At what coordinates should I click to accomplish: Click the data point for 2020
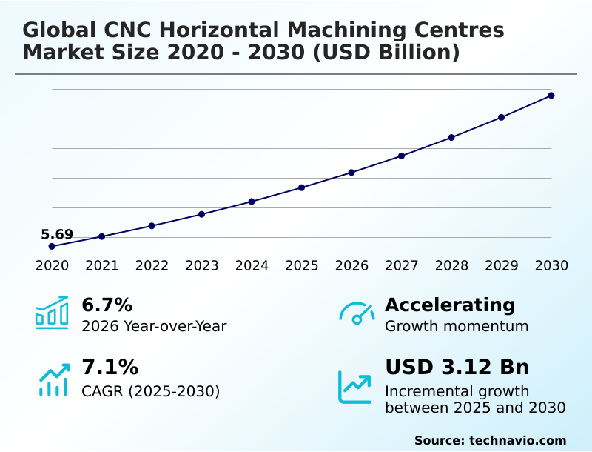pyautogui.click(x=52, y=246)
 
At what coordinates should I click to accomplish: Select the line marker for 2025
pyautogui.click(x=301, y=187)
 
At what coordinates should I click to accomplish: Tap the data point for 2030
pyautogui.click(x=551, y=96)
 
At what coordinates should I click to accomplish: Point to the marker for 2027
pyautogui.click(x=401, y=156)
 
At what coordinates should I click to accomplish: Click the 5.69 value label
pyautogui.click(x=57, y=235)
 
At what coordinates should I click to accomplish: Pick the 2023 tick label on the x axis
pyautogui.click(x=201, y=265)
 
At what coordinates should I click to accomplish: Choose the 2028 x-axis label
pyautogui.click(x=451, y=265)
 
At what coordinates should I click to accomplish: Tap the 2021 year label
pyautogui.click(x=101, y=265)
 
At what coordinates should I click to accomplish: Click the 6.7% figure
pyautogui.click(x=107, y=305)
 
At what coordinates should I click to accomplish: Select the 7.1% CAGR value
pyautogui.click(x=110, y=368)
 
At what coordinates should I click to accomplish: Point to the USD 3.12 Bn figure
pyautogui.click(x=457, y=368)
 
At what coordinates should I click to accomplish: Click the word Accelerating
pyautogui.click(x=450, y=305)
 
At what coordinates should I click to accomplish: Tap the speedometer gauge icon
pyautogui.click(x=357, y=313)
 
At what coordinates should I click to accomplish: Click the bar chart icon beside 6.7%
pyautogui.click(x=52, y=313)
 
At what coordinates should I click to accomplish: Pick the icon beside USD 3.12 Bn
pyautogui.click(x=355, y=387)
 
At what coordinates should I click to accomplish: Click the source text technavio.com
pyautogui.click(x=517, y=440)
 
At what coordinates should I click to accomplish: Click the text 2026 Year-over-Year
pyautogui.click(x=154, y=326)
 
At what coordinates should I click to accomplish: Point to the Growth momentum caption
pyautogui.click(x=457, y=326)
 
